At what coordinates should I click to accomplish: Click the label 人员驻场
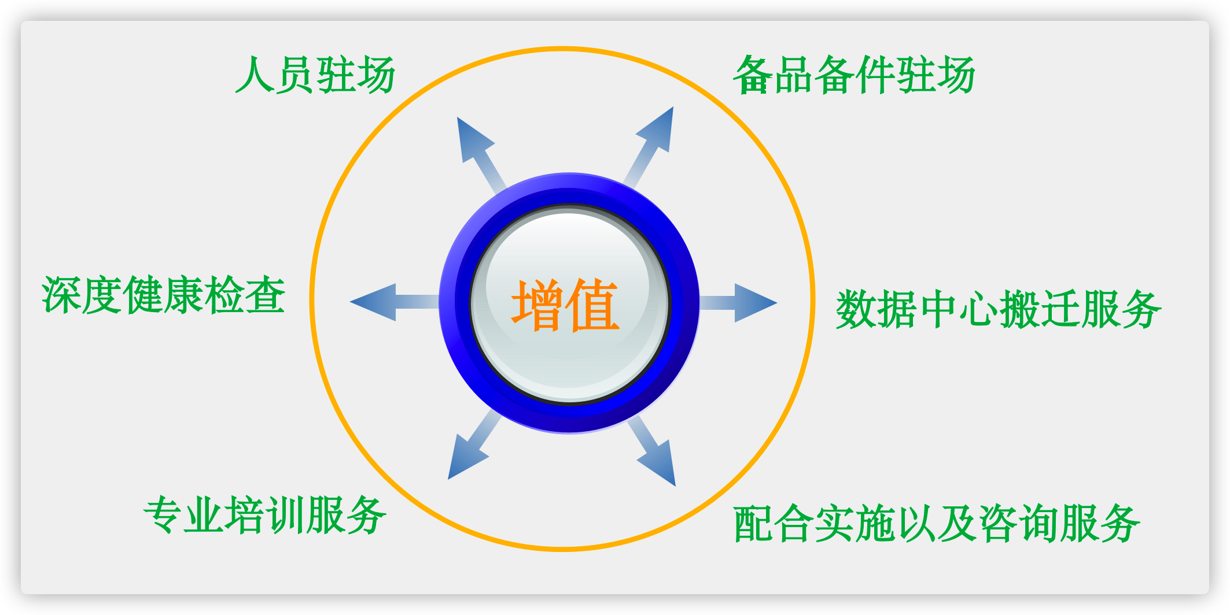(x=315, y=75)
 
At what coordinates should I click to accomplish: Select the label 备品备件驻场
(x=855, y=75)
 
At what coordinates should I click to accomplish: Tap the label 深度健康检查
(x=164, y=295)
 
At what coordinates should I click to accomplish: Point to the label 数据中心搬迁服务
(x=999, y=309)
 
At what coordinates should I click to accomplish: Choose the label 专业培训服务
(x=266, y=514)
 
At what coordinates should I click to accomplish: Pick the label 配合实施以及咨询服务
(x=937, y=524)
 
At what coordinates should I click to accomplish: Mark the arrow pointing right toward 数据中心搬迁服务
(x=738, y=302)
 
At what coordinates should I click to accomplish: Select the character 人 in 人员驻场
(x=255, y=75)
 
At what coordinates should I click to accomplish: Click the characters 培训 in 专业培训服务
(x=266, y=514)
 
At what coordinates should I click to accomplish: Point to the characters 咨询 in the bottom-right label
(x=1018, y=524)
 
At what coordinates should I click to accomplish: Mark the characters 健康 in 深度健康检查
(x=164, y=295)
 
